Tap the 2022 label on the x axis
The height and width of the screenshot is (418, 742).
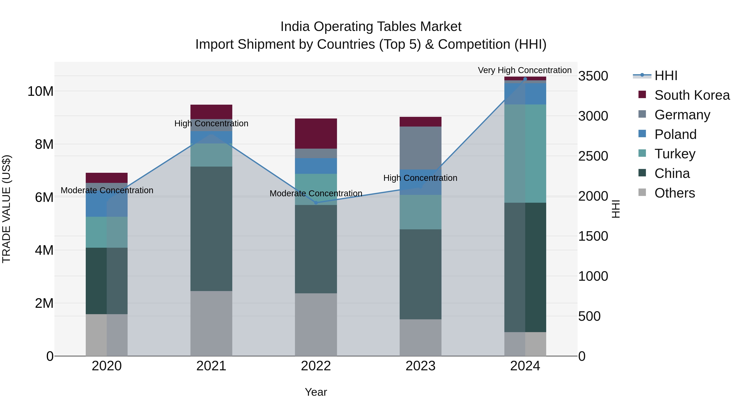point(316,366)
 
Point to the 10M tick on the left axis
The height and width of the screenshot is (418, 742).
point(40,91)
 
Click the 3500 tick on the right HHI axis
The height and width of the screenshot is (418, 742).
point(593,76)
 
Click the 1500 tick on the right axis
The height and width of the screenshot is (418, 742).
point(593,236)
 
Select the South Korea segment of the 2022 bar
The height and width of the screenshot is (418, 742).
point(316,134)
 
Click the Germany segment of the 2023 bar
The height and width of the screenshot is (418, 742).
point(420,148)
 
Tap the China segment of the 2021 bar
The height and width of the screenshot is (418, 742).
point(211,229)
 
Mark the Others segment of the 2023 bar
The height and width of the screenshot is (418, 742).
point(420,337)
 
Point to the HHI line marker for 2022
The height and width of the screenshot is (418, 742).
point(316,203)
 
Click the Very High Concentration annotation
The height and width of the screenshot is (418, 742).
point(525,70)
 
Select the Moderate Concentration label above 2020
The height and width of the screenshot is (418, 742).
point(107,190)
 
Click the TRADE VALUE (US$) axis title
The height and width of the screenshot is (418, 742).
point(6,209)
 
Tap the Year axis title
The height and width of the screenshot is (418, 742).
point(316,392)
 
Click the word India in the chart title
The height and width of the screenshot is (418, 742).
point(295,27)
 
